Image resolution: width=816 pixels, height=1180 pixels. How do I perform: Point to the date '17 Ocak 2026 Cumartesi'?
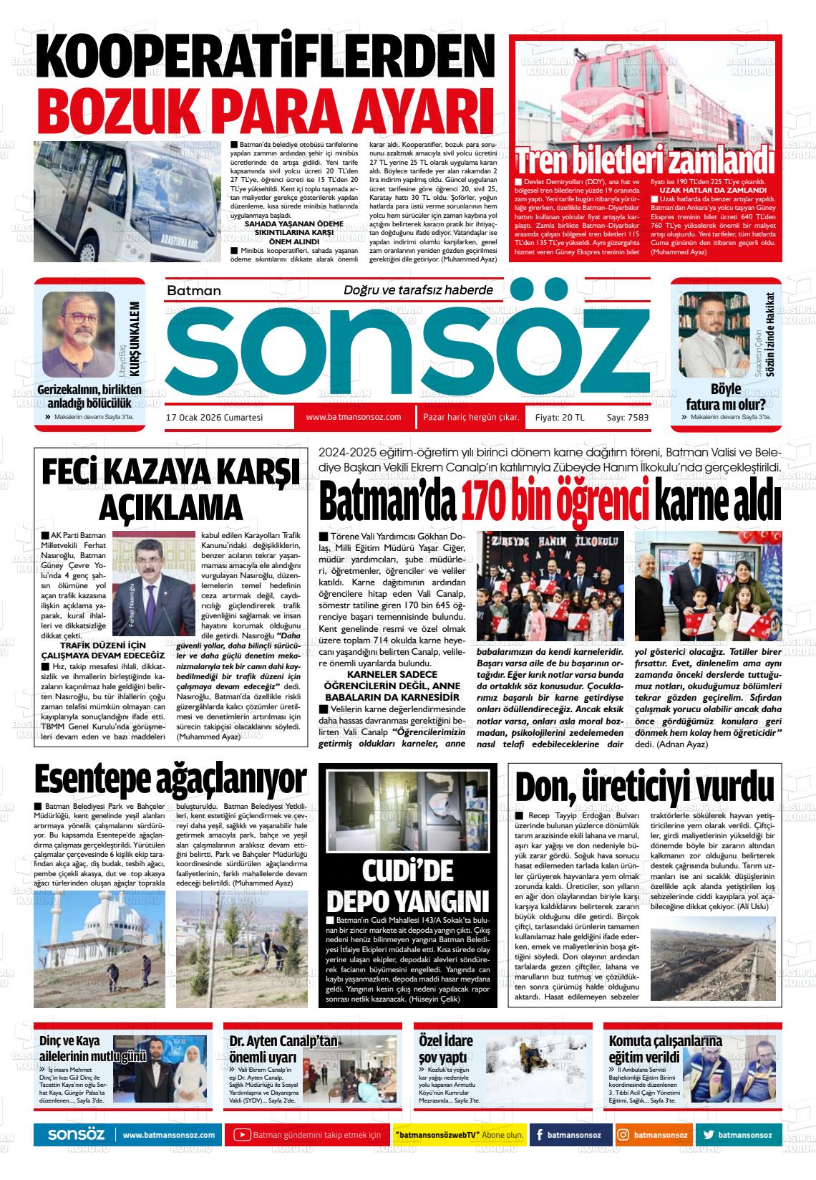point(215,417)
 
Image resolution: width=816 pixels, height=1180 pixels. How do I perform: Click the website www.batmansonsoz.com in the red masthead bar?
point(353,417)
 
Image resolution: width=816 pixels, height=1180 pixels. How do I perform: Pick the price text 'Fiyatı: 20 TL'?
point(560,417)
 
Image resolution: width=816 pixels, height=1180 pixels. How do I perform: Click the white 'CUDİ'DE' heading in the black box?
point(407,870)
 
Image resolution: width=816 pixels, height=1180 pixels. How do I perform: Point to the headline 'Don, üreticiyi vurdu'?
point(644,787)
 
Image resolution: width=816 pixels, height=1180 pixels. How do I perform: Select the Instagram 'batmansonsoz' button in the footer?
point(654,1135)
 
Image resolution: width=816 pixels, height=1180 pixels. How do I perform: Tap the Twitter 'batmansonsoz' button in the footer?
point(737,1135)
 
